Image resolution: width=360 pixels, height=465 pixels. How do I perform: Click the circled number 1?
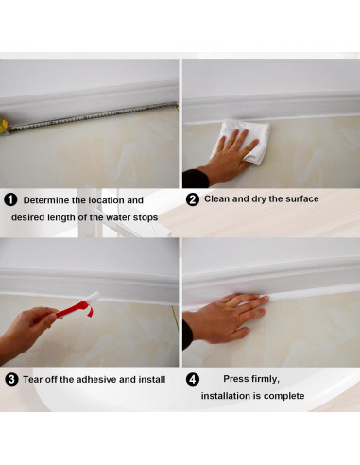point(11,200)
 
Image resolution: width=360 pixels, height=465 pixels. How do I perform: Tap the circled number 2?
point(192,199)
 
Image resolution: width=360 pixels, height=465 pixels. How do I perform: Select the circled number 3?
point(11,379)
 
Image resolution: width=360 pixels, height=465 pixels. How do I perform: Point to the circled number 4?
point(192,379)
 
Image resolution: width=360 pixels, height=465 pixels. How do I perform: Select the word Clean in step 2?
point(218,199)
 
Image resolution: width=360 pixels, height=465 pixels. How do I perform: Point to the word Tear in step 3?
point(33,379)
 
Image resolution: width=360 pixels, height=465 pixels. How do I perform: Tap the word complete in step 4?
point(284,396)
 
